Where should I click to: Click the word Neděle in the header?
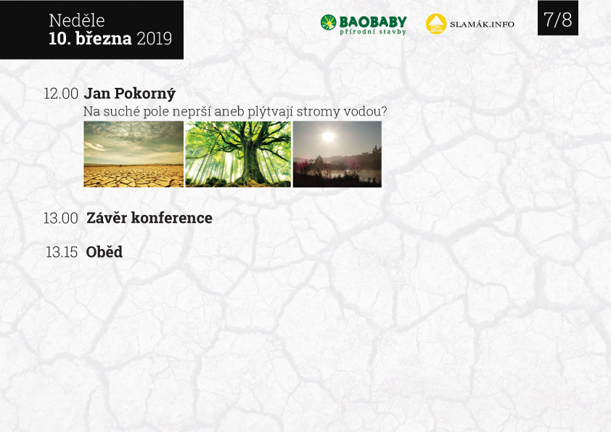pos(77,20)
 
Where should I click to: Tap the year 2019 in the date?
pos(155,38)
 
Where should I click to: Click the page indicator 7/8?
pos(557,19)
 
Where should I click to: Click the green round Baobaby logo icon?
pos(328,23)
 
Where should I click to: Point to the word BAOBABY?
pos(373,22)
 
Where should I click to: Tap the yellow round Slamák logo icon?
pos(436,24)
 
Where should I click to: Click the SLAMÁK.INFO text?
pos(482,24)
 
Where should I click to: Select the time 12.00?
pos(61,94)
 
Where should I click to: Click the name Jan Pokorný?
pos(130,94)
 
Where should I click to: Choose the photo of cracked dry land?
pos(134,154)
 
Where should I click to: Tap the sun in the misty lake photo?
pos(328,136)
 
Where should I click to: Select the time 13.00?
pos(61,219)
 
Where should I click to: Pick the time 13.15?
pos(62,252)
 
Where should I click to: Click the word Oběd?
pos(104,252)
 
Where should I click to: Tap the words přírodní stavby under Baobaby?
pos(373,32)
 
